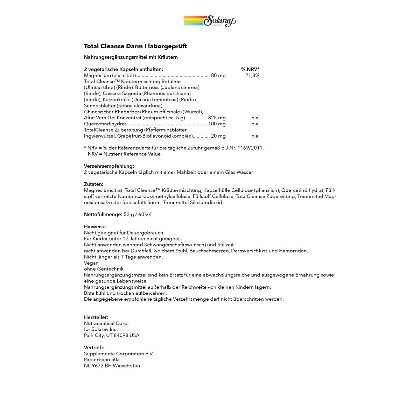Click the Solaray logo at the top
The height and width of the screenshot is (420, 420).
tap(210, 21)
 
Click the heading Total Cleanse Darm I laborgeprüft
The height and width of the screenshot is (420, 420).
tap(135, 46)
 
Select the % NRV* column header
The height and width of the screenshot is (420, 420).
tap(250, 69)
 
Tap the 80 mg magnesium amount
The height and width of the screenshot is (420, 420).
tap(218, 76)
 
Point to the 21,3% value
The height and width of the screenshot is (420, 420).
tap(252, 76)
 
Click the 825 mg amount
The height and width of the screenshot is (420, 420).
tap(217, 118)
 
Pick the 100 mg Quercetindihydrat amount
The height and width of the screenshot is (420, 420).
tap(217, 124)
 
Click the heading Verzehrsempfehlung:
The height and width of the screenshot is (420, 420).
tap(109, 166)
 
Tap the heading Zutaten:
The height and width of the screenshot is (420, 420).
tap(93, 184)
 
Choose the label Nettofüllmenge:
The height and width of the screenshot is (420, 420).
tap(103, 214)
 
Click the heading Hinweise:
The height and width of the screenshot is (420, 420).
tap(95, 226)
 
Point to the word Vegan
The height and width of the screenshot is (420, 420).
tap(91, 263)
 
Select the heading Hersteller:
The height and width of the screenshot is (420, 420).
tap(96, 317)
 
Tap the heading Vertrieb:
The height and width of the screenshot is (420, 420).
tap(94, 348)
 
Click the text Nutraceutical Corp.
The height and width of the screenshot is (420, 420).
tap(106, 323)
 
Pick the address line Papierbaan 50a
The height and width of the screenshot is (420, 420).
tap(101, 359)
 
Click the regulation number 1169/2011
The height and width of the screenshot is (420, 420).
tap(251, 148)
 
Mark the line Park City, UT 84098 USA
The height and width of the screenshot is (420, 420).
tap(111, 335)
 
